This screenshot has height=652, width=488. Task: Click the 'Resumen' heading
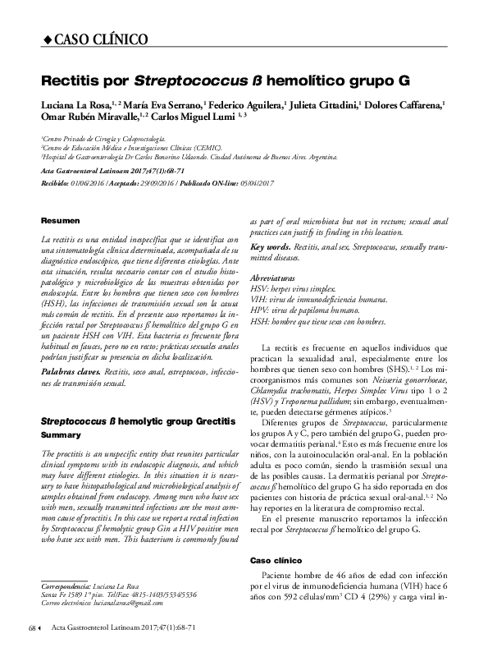pyautogui.click(x=61, y=221)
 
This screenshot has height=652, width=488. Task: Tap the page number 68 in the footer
pyautogui.click(x=33, y=628)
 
